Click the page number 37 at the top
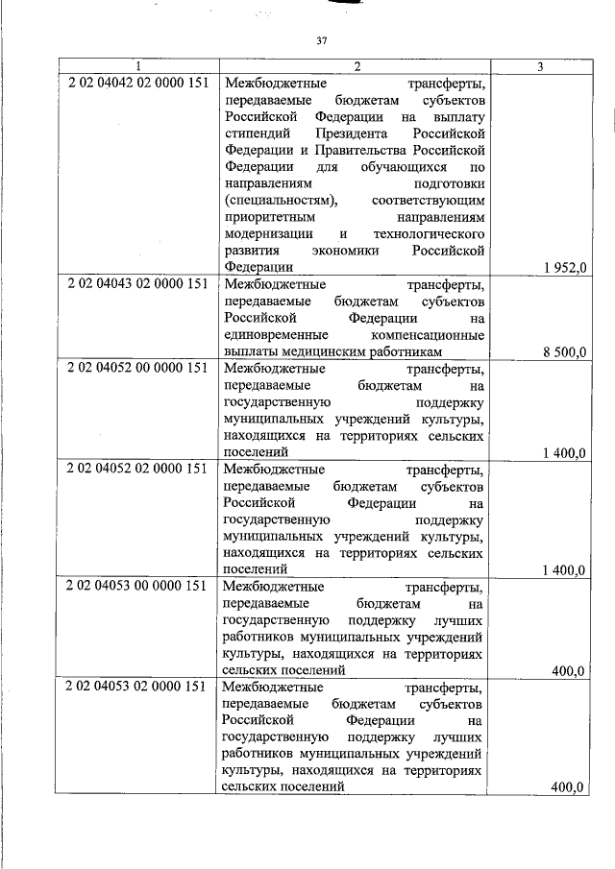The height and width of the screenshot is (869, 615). click(x=322, y=41)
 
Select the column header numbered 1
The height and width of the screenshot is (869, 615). click(x=137, y=66)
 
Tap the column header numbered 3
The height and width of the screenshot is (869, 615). click(x=540, y=66)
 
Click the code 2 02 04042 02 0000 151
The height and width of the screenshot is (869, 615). click(x=137, y=83)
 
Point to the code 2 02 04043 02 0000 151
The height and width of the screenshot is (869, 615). click(x=137, y=284)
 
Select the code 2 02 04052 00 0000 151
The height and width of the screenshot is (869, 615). click(x=137, y=367)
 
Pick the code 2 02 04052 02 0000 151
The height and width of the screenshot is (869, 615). click(x=137, y=468)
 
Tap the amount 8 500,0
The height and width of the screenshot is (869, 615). click(x=564, y=352)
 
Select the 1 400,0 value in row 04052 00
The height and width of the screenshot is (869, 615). click(x=564, y=453)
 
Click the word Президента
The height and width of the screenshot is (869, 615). click(x=347, y=133)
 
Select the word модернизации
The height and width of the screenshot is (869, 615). click(x=268, y=233)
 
